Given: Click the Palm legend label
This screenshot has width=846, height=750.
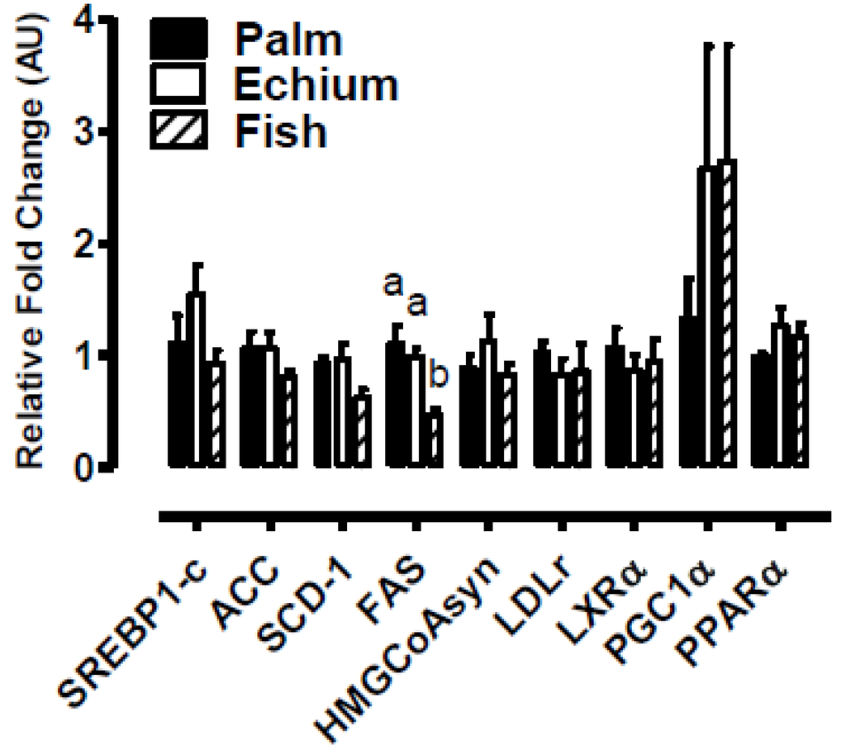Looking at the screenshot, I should click(287, 39).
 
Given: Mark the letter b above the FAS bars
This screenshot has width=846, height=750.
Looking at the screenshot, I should click(437, 377).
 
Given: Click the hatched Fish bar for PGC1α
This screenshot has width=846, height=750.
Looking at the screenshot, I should click(728, 314).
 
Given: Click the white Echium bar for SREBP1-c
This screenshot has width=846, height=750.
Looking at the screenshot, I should click(197, 380).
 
